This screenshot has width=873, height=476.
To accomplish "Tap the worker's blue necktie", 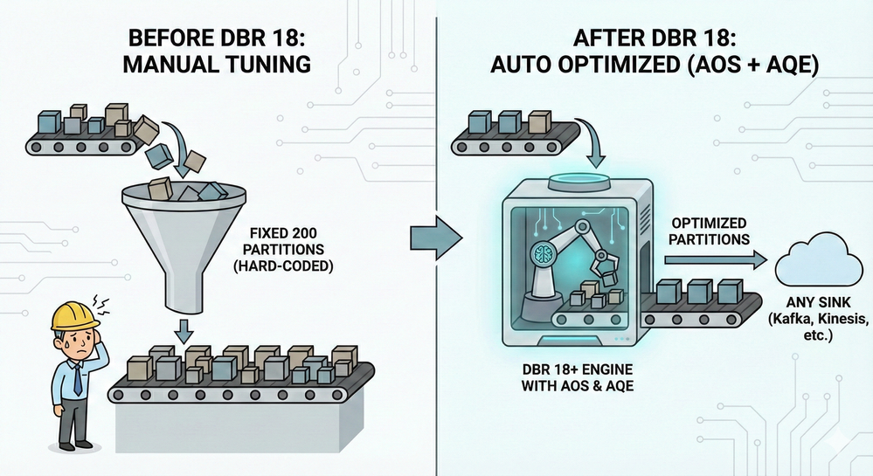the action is (78, 379).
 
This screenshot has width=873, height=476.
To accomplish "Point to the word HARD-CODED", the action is (283, 266).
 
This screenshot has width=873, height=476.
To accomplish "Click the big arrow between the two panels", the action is (437, 238).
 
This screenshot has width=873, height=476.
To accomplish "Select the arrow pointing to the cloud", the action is (716, 259).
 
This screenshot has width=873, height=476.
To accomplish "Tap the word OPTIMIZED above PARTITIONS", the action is (709, 224).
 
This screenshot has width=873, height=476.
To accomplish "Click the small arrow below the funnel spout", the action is (184, 331).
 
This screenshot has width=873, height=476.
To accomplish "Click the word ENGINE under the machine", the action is (606, 369).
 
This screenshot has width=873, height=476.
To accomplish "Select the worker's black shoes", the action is (76, 446).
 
